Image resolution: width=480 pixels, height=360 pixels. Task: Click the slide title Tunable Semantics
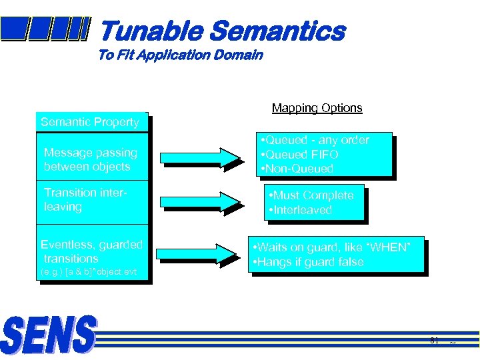(222, 31)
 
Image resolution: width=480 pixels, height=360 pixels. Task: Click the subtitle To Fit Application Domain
(180, 55)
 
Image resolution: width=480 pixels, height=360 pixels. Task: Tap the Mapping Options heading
(317, 108)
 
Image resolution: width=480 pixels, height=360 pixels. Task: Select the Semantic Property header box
(90, 122)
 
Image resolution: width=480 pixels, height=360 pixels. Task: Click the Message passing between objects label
(90, 159)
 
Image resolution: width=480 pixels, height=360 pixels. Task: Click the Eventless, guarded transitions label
(91, 251)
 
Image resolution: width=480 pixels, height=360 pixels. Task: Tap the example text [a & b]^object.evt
(89, 272)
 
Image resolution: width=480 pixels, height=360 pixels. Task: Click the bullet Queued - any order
(315, 140)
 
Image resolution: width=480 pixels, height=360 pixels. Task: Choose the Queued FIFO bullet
(300, 155)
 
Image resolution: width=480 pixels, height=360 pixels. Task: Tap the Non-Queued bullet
(297, 169)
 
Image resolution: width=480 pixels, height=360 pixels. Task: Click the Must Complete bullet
(310, 195)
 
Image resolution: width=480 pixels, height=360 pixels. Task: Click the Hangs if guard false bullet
(307, 262)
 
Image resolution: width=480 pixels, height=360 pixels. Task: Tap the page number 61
(434, 342)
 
